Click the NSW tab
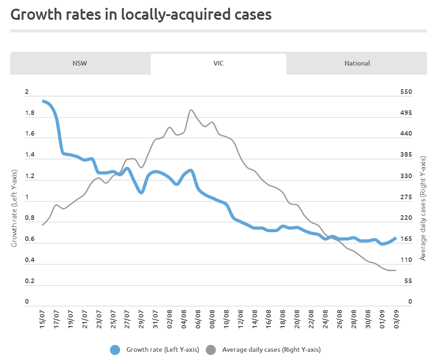[x=80, y=63]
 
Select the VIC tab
[x=218, y=63]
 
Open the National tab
[x=357, y=63]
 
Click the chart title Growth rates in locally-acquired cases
[x=141, y=14]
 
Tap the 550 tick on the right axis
[x=406, y=92]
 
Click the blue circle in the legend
[x=115, y=350]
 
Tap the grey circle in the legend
[x=211, y=350]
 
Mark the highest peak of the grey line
[x=191, y=110]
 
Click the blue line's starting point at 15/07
[x=43, y=101]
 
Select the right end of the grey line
[x=395, y=270]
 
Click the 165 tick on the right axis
[x=406, y=239]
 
